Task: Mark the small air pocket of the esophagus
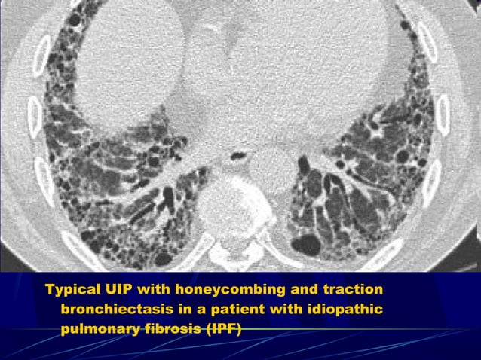239,156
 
